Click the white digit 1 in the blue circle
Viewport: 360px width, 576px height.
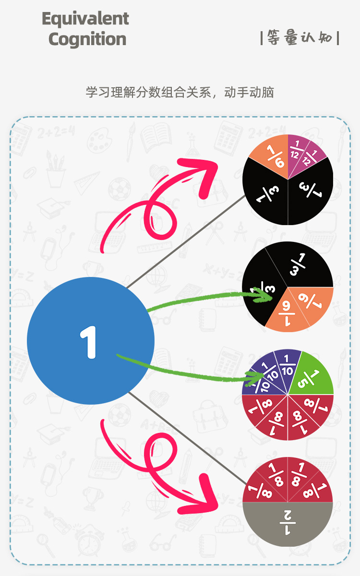click(x=89, y=342)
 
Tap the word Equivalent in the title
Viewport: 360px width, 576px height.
click(x=85, y=19)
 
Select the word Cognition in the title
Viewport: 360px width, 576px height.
click(x=87, y=39)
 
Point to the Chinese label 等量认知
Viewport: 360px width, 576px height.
click(x=300, y=37)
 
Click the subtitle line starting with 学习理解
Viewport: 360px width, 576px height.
click(x=180, y=92)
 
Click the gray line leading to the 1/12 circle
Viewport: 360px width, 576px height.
click(x=187, y=240)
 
